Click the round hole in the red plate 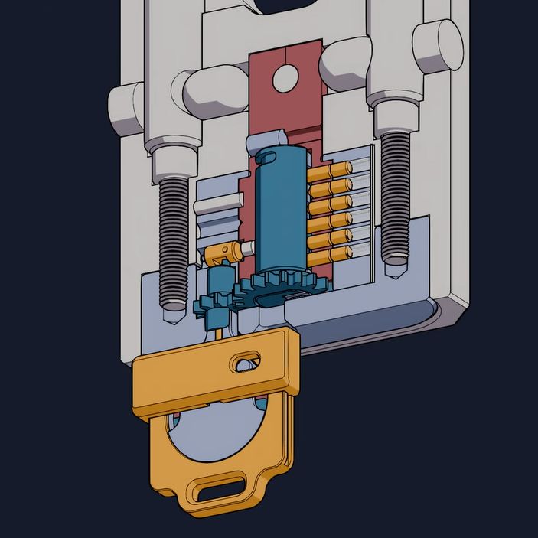click(285, 76)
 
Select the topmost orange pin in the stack click(329, 168)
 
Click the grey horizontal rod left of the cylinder click(217, 207)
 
